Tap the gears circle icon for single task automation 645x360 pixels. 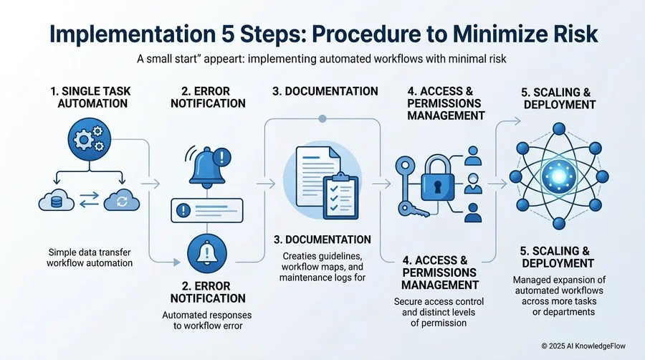pos(90,139)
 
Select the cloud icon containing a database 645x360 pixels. pos(57,200)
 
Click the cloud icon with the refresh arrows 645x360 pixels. pos(122,200)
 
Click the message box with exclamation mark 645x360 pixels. pos(207,210)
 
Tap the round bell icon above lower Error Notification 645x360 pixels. pos(207,253)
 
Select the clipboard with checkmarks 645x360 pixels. pos(340,196)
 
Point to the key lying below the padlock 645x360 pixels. pos(414,210)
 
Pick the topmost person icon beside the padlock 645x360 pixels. pos(473,156)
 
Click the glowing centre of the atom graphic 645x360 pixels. pos(558,176)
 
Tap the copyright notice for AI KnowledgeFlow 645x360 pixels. pos(583,346)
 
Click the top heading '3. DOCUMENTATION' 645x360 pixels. pos(325,91)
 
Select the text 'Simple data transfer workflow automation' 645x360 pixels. pos(90,257)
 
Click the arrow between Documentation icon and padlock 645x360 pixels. pos(381,184)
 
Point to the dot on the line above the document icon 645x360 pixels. pos(322,119)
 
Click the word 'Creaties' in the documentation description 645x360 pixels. pos(300,256)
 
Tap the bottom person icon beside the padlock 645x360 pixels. pos(473,213)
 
